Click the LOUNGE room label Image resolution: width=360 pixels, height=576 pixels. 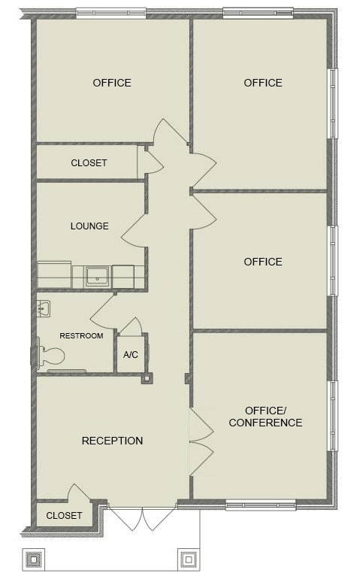89,226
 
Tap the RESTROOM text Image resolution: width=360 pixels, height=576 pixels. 81,335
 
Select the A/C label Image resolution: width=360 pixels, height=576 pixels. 130,354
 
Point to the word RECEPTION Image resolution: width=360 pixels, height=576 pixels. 112,441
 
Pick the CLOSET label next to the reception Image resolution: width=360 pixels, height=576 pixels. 64,516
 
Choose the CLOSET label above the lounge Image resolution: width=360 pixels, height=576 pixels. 89,162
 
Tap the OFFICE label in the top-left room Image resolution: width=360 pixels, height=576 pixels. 112,83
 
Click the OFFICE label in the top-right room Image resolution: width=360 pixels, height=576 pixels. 263,83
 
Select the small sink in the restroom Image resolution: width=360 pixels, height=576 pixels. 44,308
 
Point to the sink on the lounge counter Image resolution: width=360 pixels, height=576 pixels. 98,277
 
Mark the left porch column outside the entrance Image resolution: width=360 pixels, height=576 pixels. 35,559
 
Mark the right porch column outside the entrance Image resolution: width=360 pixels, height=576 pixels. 187,559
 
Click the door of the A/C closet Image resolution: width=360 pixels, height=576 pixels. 131,327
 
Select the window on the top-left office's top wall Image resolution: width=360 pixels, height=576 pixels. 110,14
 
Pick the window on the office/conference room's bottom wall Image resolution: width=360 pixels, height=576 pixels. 260,505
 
